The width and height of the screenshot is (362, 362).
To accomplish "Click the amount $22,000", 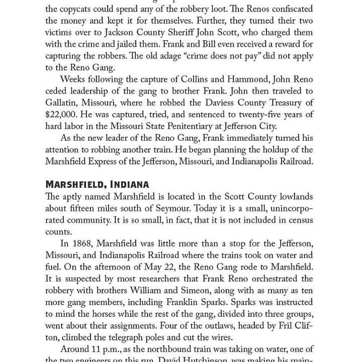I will pyautogui.click(x=62, y=115).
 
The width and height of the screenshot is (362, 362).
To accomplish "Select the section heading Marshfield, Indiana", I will pyautogui.click(x=97, y=184).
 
